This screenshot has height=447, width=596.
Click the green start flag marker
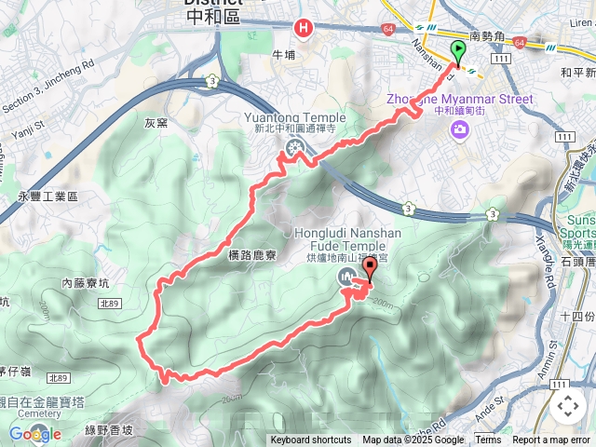pyautogui.click(x=458, y=52)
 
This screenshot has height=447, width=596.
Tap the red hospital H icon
pyautogui.click(x=303, y=29)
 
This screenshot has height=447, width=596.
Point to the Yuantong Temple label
pyautogui.click(x=294, y=117)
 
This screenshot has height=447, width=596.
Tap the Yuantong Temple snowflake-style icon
pyautogui.click(x=294, y=147)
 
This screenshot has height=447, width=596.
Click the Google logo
pyautogui.click(x=34, y=434)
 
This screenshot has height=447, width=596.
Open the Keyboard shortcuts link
pyautogui.click(x=311, y=440)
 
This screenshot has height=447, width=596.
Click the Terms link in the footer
pyautogui.click(x=488, y=440)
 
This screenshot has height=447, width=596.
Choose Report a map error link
pyautogui.click(x=552, y=440)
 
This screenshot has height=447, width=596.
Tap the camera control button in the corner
pyautogui.click(x=568, y=406)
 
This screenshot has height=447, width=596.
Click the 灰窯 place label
pyautogui.click(x=156, y=122)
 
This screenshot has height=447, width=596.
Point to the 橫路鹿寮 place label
pyautogui.click(x=252, y=253)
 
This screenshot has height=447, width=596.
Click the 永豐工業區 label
pyautogui.click(x=47, y=196)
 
